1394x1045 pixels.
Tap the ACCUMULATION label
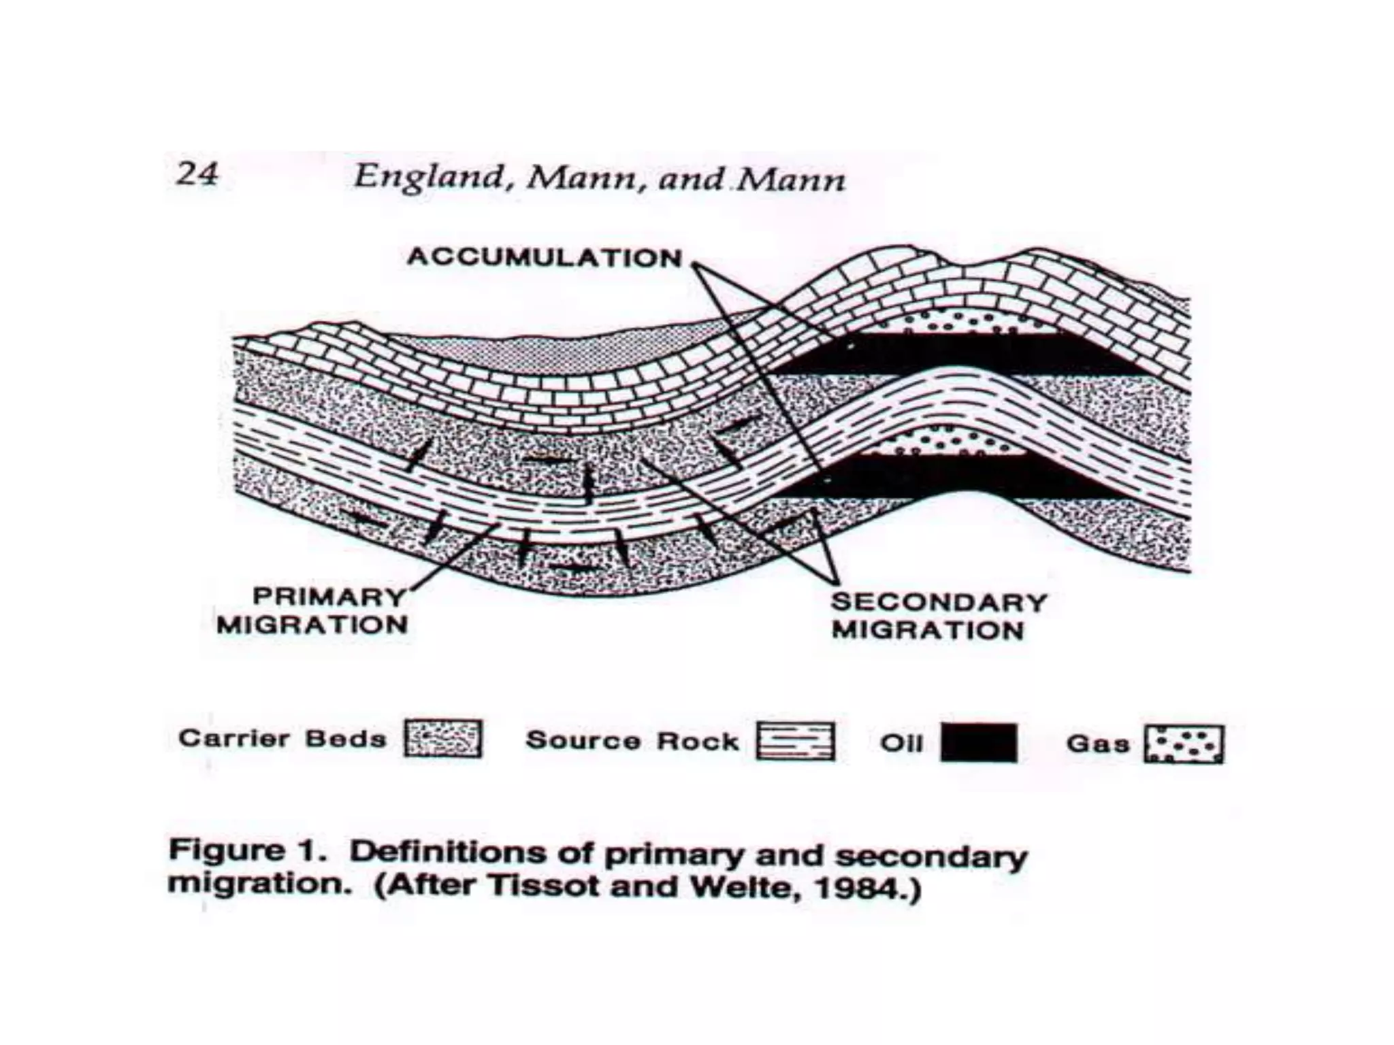[x=545, y=258]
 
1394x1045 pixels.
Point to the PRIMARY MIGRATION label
[x=312, y=611]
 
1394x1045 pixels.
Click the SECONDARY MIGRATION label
[x=938, y=616]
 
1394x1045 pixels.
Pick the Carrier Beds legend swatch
[x=443, y=739]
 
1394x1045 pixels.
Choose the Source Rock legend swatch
[x=796, y=741]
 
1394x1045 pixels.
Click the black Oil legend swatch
[x=979, y=742]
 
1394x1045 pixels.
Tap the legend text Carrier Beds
[x=282, y=739]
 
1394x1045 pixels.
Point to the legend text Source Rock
[x=632, y=741]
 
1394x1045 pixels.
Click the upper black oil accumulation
[x=953, y=352]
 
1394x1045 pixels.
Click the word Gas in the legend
[x=1097, y=743]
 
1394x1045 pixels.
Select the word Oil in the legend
[x=901, y=742]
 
